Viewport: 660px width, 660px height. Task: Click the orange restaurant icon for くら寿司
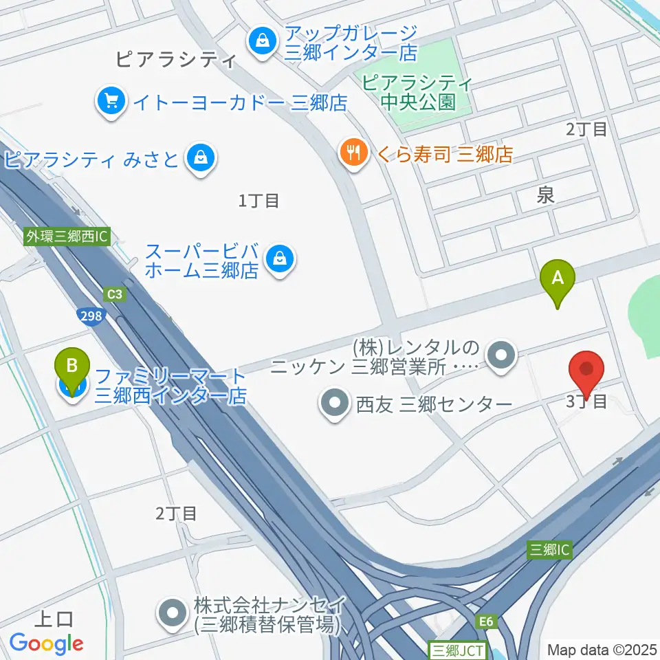tap(354, 153)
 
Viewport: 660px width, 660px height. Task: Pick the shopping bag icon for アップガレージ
tap(262, 41)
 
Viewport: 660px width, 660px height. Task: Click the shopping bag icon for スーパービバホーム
tap(280, 259)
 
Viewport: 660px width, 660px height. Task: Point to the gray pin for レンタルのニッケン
tap(501, 356)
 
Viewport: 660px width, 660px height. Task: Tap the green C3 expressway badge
tap(115, 294)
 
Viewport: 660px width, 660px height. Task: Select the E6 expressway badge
tap(486, 621)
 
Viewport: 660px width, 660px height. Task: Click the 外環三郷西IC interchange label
tap(67, 236)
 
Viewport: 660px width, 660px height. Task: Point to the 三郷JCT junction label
tap(456, 649)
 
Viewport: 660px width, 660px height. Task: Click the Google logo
tap(46, 643)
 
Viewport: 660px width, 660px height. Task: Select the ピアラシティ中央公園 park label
tap(417, 93)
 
